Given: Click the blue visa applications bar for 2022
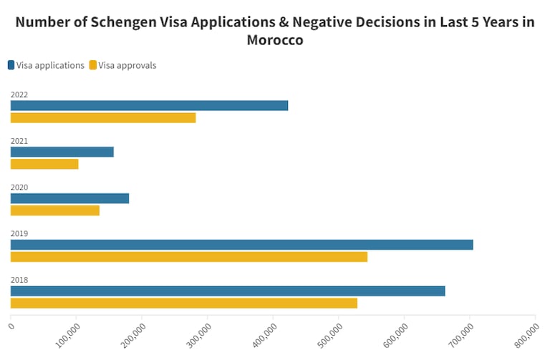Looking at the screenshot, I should [149, 105].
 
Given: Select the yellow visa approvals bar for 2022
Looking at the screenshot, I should [103, 118].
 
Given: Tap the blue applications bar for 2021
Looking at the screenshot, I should [62, 152].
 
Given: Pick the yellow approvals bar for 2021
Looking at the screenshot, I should [44, 164].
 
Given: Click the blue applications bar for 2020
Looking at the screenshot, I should [69, 198].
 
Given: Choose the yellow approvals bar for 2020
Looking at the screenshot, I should [55, 210].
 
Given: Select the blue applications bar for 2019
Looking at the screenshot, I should [241, 245].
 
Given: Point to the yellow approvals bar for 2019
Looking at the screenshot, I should [189, 257].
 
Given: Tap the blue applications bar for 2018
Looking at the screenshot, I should [228, 291].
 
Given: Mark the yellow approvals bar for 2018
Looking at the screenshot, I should [184, 303].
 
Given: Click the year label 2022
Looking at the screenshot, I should [19, 94].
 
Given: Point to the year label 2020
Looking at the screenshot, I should [19, 188].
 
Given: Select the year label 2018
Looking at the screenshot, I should [19, 280].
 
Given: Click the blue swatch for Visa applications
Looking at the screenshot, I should [11, 65].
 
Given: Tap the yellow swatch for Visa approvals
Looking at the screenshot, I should [93, 65].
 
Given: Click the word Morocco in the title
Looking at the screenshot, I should [275, 40].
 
